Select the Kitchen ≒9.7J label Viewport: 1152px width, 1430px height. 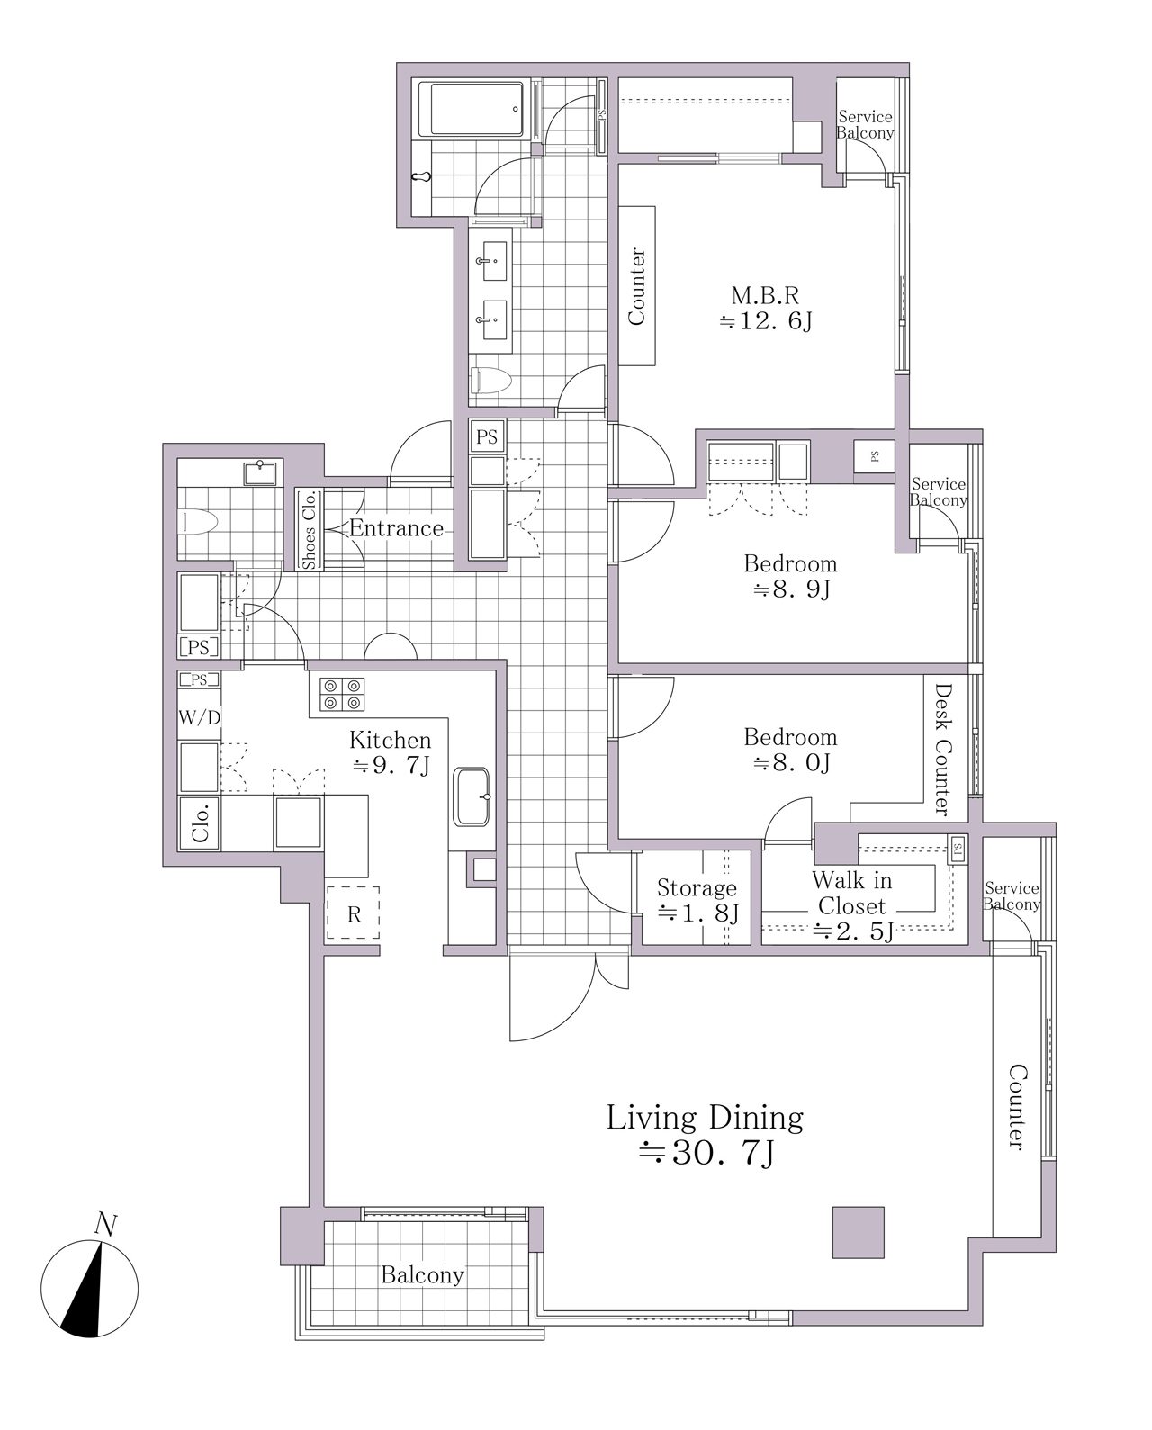pos(391,752)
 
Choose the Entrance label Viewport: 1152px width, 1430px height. pos(396,528)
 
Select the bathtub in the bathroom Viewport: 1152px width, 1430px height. pos(476,110)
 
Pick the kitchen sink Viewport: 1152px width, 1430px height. pos(472,796)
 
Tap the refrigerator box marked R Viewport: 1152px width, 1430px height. pos(353,913)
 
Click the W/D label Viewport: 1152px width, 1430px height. pos(200,717)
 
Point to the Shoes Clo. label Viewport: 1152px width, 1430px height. pos(309,529)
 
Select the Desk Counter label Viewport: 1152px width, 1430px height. pos(943,749)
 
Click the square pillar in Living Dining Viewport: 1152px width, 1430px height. pos(859,1232)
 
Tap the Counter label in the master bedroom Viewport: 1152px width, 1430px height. pos(636,286)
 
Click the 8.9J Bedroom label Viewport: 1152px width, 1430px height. pos(790,576)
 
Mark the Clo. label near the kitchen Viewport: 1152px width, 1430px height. pos(200,823)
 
